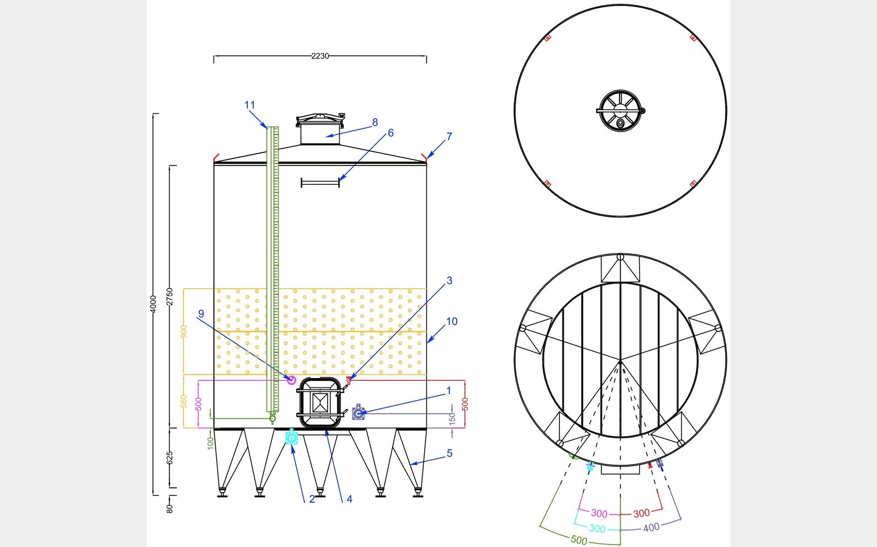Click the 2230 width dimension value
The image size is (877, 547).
click(x=320, y=56)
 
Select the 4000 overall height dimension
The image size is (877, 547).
click(x=153, y=304)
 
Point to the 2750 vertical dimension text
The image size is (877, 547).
click(x=169, y=296)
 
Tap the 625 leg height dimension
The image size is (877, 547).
click(x=169, y=458)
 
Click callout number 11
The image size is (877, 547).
click(x=250, y=105)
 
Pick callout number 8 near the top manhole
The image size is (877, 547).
click(x=375, y=122)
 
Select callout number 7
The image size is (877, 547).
click(x=450, y=137)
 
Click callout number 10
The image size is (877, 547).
click(x=452, y=321)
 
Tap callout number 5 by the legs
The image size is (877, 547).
click(x=450, y=453)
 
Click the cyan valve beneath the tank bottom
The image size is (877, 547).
click(x=291, y=437)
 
